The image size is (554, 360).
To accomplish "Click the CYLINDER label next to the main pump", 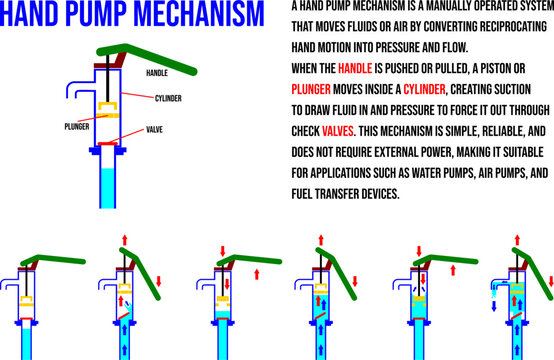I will tap(169, 98).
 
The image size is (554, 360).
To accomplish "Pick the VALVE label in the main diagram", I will tap(157, 129).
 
